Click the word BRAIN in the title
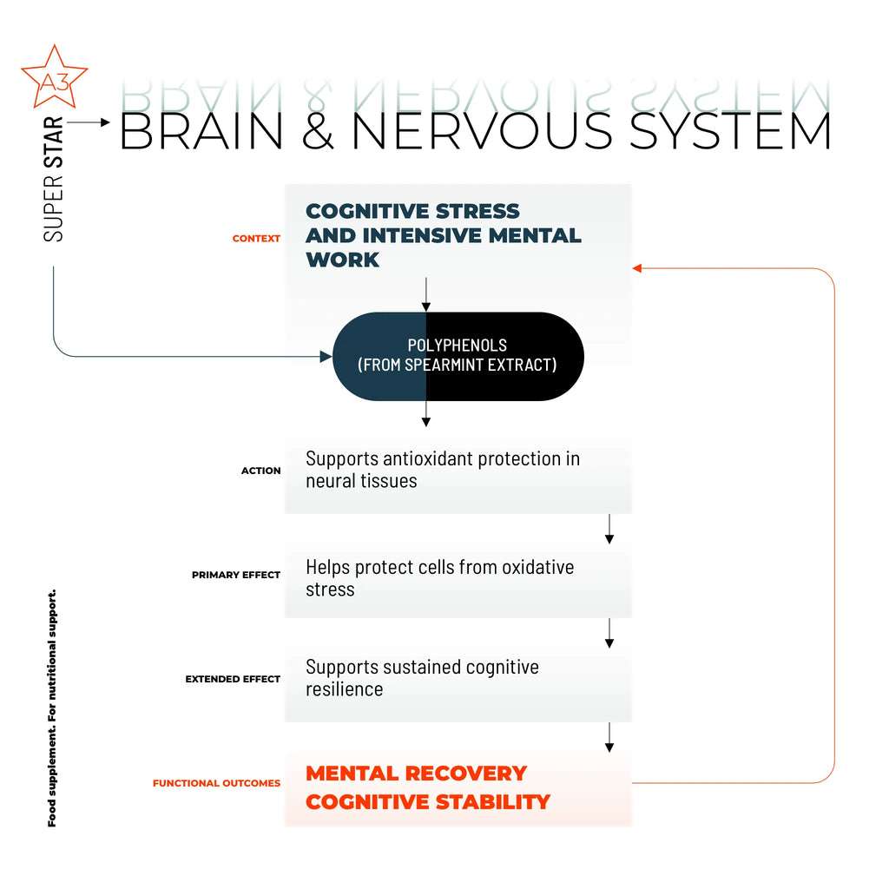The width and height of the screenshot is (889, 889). click(x=201, y=130)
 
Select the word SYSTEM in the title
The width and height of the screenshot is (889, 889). click(x=729, y=130)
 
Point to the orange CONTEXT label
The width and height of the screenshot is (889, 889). click(x=256, y=239)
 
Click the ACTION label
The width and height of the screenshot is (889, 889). click(x=260, y=471)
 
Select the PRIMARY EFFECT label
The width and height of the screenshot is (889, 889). click(x=235, y=575)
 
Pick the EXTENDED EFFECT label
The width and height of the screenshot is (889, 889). click(x=232, y=679)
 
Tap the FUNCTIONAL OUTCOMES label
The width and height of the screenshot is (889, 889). click(x=216, y=783)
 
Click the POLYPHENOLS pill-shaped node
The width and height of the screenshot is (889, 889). click(x=458, y=356)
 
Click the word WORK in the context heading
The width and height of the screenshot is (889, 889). click(x=342, y=260)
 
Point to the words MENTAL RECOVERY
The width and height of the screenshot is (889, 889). click(x=416, y=774)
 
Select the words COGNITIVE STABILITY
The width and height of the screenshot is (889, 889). click(x=428, y=802)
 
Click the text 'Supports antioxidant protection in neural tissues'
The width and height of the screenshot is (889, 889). click(x=442, y=470)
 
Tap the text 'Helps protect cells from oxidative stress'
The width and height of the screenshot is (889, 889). click(x=439, y=578)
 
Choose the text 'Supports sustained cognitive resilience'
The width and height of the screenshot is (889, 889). click(x=422, y=678)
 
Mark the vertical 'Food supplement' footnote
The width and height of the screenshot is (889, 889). click(x=52, y=708)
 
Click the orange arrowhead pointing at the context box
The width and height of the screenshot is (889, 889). click(x=636, y=268)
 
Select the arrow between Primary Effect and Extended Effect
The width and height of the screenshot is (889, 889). click(x=609, y=634)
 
